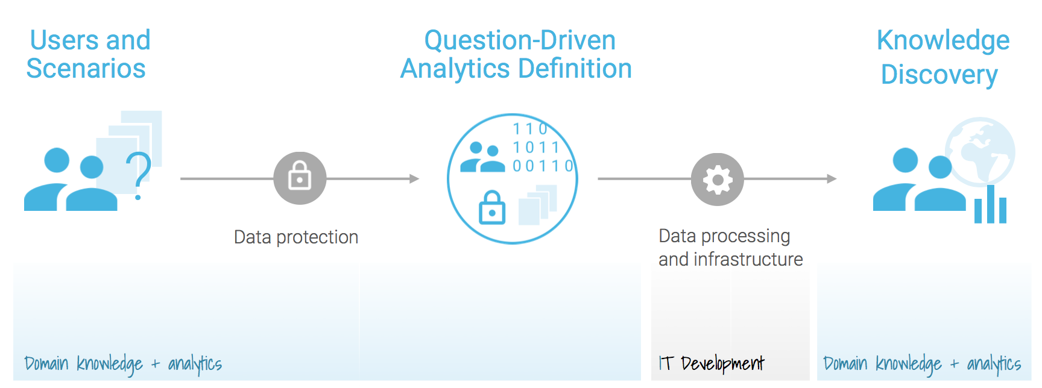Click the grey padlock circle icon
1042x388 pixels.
300,178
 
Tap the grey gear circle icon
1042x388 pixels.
717,179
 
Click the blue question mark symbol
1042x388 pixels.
139,175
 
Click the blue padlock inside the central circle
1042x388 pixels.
492,207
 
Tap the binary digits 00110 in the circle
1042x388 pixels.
543,166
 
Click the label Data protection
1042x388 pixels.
296,237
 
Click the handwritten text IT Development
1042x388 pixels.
712,363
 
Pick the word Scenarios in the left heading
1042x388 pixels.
86,69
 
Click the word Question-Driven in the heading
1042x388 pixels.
520,40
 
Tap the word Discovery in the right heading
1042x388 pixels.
939,75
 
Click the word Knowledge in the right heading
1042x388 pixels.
943,41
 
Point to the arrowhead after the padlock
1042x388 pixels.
414,178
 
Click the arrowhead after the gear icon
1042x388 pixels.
832,179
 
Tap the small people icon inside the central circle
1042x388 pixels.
482,157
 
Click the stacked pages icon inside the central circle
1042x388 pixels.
537,205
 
